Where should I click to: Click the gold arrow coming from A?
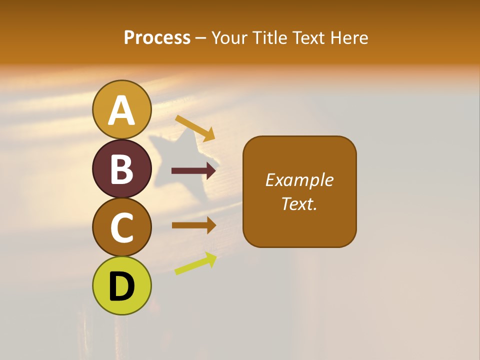pos(195,128)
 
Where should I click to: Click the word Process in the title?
pos(157,38)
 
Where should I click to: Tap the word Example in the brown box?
pos(299,180)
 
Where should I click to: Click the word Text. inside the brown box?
pos(299,204)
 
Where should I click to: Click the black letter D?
pos(121,287)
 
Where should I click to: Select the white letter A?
pos(121,111)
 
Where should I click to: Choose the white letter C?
pos(121,228)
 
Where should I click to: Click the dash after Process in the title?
pos(201,38)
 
